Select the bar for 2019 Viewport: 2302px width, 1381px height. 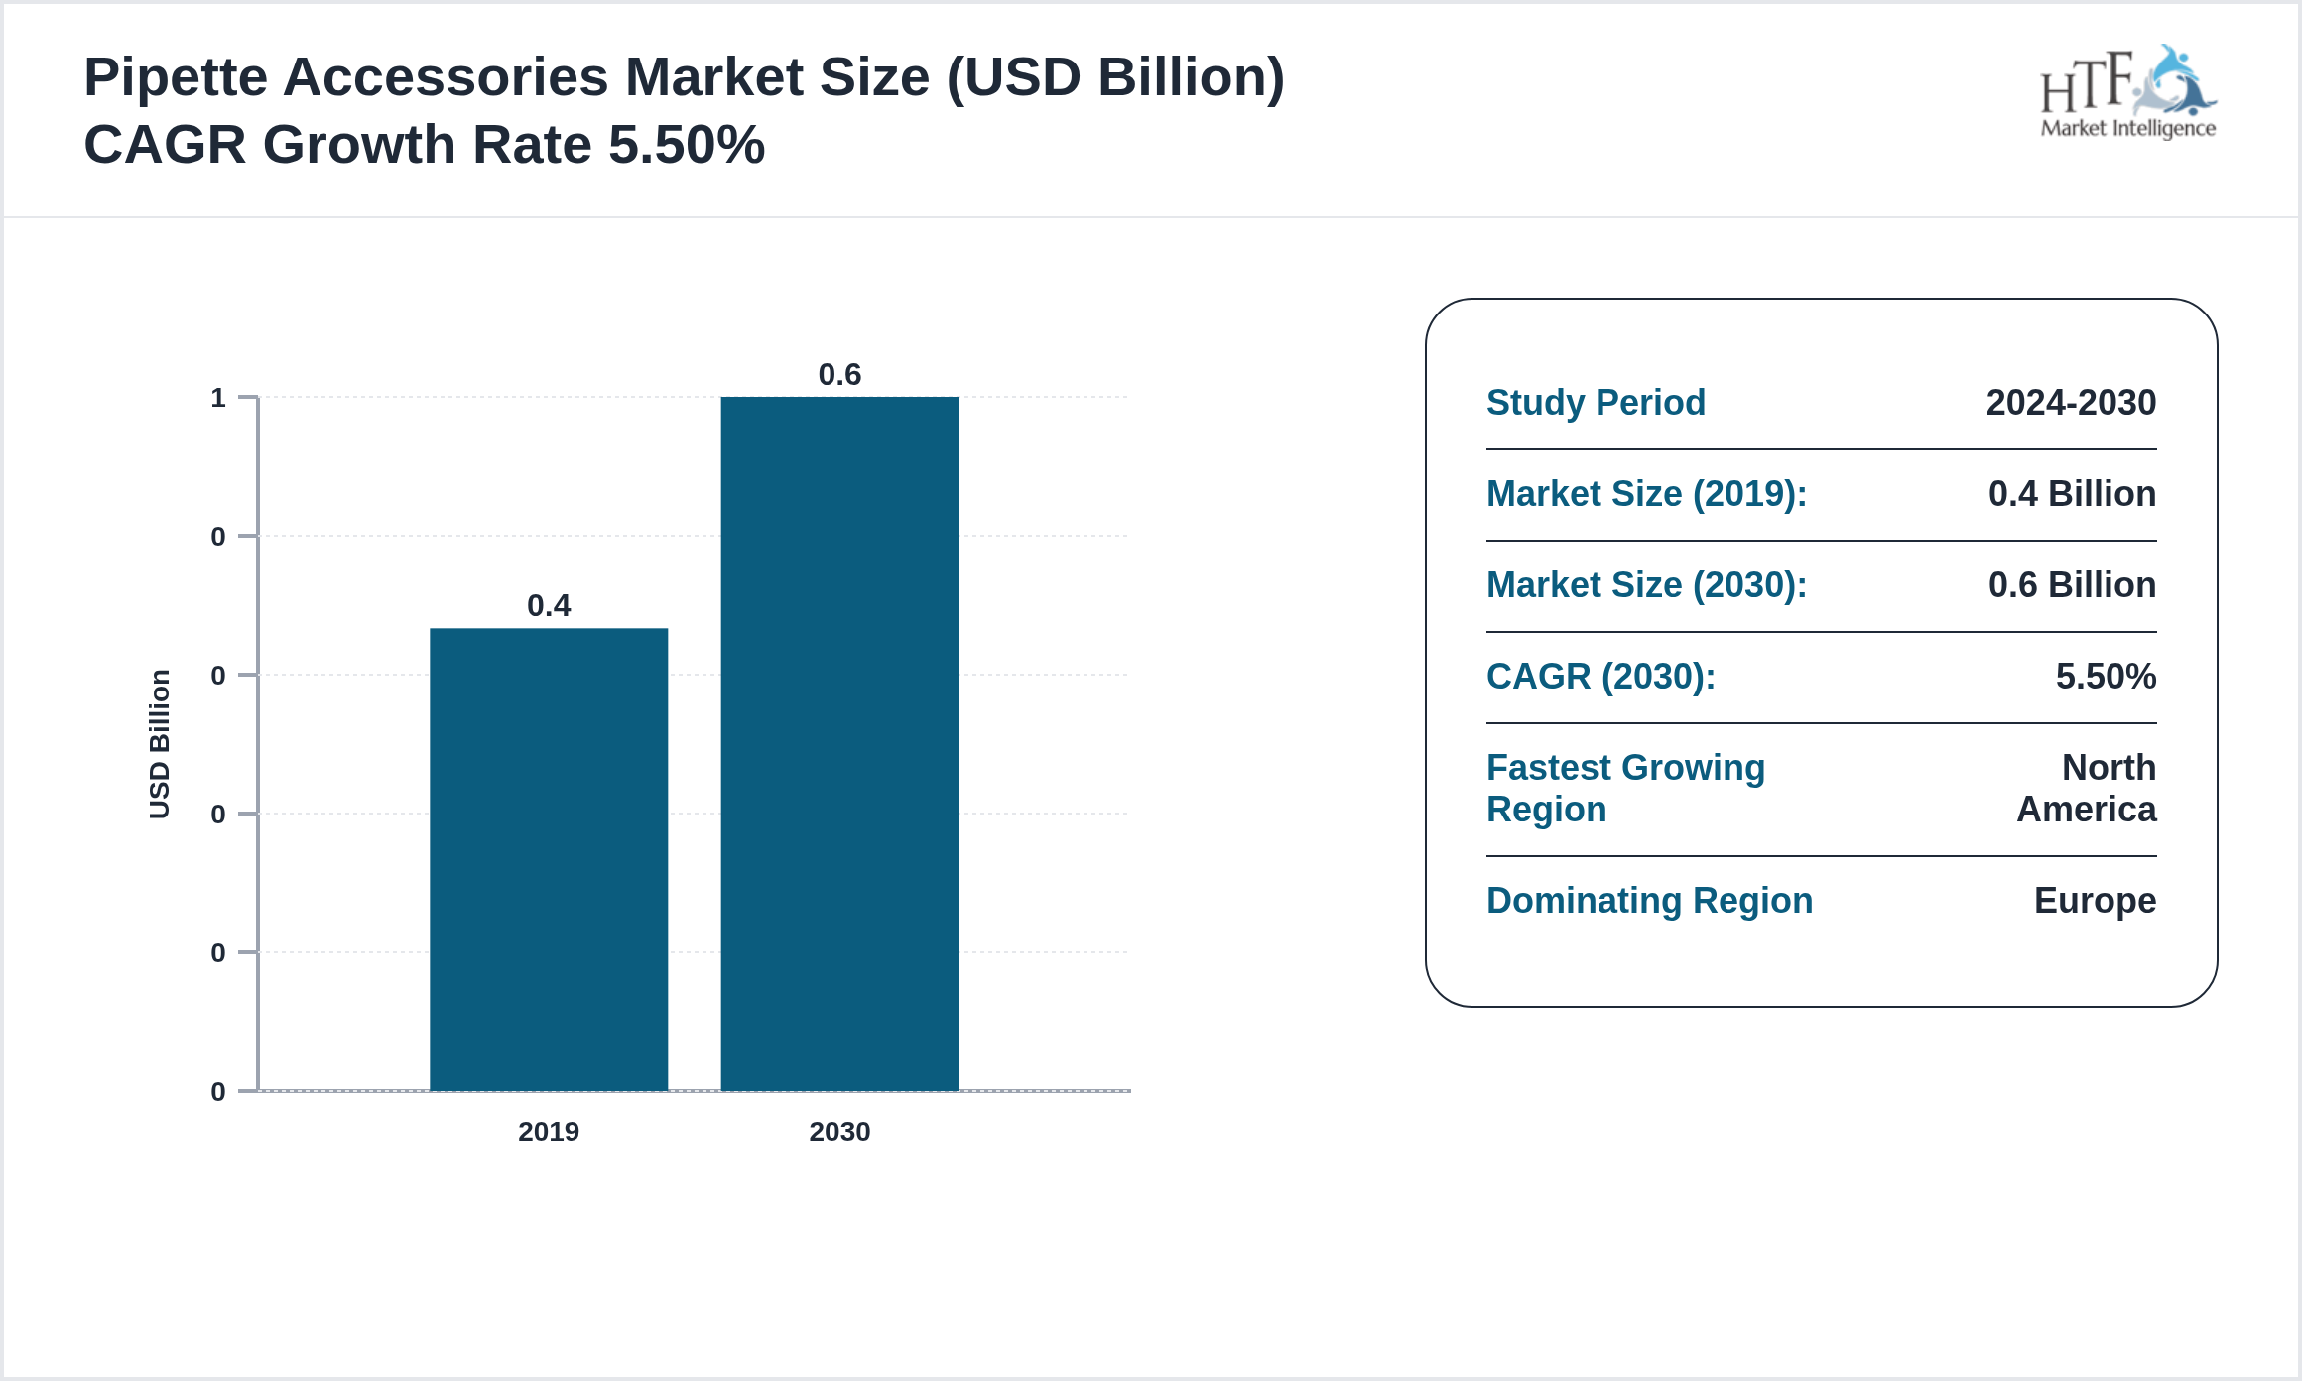point(549,859)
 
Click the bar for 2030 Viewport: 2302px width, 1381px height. point(839,744)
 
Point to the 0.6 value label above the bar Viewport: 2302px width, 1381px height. point(839,375)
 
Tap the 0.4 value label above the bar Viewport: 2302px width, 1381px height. point(549,606)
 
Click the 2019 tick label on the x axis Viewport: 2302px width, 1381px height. point(549,1132)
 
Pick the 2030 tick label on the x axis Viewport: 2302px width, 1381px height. point(839,1132)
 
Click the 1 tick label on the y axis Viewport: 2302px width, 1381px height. point(218,399)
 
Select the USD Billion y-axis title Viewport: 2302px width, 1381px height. point(160,744)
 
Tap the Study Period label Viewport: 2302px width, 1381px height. point(1596,403)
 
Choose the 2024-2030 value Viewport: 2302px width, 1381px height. point(2071,403)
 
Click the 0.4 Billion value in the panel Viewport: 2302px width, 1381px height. point(2072,494)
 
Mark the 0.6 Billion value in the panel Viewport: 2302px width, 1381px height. point(2072,585)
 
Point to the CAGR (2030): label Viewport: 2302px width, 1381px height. point(1600,677)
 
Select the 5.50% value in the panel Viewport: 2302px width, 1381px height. point(2106,677)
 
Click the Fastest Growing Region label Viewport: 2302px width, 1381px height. point(1625,789)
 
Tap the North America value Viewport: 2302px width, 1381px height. point(2088,789)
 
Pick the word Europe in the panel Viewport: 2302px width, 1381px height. point(2095,901)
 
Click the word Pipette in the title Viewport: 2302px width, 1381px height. point(175,77)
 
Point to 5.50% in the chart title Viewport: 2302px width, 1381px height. point(687,145)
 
